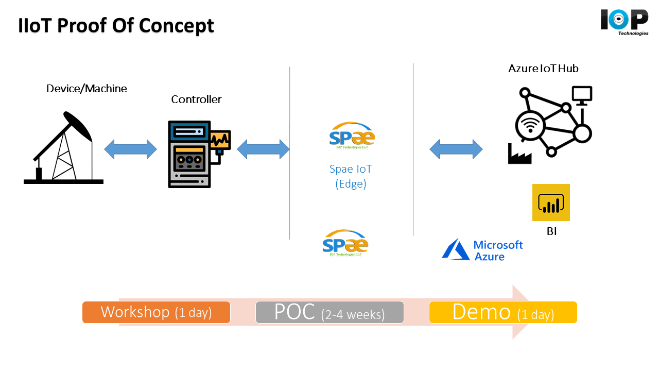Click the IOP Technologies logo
tap(624, 22)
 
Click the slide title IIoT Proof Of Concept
tap(116, 25)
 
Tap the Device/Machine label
tap(86, 88)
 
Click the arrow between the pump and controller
tap(130, 149)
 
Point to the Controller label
tap(196, 99)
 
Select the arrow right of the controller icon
tap(263, 149)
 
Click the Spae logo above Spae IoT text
tap(352, 136)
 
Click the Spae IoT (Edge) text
tap(351, 176)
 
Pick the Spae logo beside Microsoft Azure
tap(345, 243)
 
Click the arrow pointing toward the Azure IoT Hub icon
tap(456, 149)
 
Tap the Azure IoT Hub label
tap(543, 68)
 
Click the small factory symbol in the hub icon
tap(519, 154)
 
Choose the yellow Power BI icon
tap(551, 203)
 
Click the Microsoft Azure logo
tap(482, 250)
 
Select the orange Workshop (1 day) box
tap(156, 312)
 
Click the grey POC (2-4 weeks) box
tap(329, 312)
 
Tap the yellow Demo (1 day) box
tap(503, 312)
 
